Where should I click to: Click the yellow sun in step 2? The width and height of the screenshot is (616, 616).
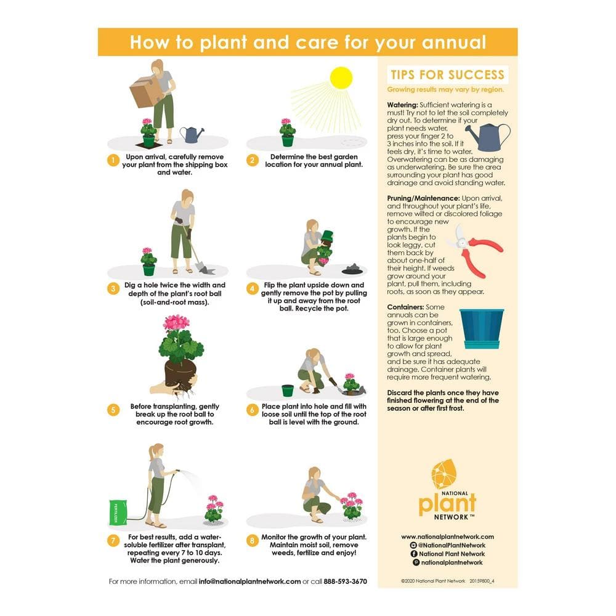341,78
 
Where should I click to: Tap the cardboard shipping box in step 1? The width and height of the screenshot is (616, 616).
146,91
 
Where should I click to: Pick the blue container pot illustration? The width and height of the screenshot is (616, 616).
482,329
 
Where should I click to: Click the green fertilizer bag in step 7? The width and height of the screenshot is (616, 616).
118,513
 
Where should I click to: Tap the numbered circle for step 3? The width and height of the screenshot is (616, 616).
113,289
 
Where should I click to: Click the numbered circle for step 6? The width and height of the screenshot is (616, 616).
252,410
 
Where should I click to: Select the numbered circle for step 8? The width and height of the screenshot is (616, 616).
252,541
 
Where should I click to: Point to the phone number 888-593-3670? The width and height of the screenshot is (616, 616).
346,582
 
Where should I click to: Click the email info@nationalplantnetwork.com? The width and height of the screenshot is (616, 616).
250,582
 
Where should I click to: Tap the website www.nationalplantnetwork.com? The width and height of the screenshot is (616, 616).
447,537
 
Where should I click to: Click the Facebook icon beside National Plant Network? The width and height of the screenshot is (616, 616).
414,554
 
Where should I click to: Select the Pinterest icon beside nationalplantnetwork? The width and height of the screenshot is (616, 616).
416,562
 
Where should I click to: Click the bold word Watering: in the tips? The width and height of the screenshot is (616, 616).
402,105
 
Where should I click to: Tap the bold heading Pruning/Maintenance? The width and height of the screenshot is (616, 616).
423,198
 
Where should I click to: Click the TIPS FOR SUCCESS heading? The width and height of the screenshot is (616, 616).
447,75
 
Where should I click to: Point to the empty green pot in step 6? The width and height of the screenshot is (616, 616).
288,391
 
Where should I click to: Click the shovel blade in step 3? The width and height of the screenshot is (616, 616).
206,270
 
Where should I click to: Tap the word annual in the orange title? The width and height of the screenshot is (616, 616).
453,43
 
